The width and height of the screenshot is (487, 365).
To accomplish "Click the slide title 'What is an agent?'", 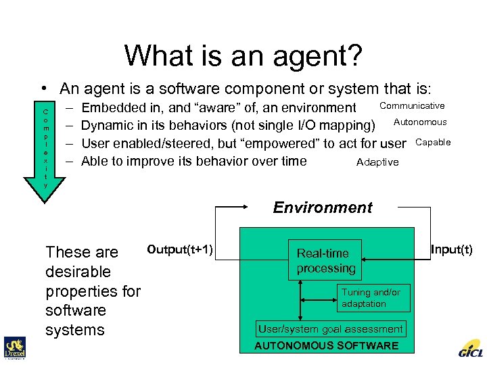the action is [243, 55].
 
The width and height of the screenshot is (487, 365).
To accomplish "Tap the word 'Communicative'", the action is [412, 105].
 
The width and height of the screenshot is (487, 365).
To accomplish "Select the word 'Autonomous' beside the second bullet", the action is [420, 122].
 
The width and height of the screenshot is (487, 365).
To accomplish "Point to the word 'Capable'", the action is [433, 142].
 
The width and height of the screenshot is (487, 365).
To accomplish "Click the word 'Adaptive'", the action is [377, 162].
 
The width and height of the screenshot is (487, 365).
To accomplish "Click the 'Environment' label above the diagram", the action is [323, 208].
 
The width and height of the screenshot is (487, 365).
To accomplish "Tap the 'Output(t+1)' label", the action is [180, 250].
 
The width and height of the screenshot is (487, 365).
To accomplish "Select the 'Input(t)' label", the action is [452, 250].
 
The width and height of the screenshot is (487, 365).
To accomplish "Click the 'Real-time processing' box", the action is [325, 260].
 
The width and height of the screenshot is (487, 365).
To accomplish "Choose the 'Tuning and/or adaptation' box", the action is [373, 298].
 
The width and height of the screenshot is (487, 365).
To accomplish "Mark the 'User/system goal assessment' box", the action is [330, 329].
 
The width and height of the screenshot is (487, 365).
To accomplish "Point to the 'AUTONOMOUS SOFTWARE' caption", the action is [326, 346].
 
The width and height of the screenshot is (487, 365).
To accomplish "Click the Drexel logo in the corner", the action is [14, 347].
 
